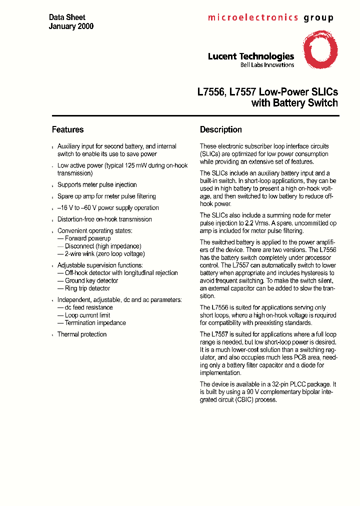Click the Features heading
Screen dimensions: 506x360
(67, 129)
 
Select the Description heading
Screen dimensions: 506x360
(220, 129)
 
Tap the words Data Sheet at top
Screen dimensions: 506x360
(67, 17)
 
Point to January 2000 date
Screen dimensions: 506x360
(71, 26)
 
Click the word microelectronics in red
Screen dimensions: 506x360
(253, 17)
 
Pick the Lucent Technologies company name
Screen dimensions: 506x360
(250, 56)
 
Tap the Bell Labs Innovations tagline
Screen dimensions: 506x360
(267, 65)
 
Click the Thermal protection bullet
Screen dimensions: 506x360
(82, 334)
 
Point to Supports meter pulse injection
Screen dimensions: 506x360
(97, 185)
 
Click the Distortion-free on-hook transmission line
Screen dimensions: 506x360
(104, 219)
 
